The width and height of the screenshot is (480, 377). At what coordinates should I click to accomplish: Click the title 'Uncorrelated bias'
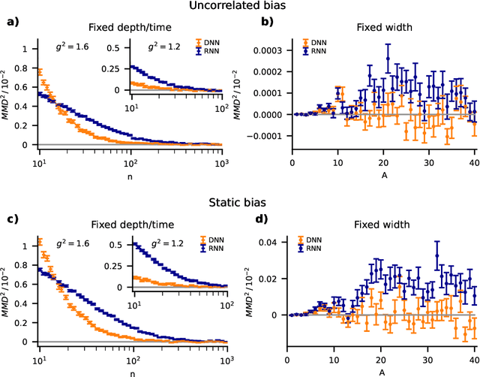point(240,8)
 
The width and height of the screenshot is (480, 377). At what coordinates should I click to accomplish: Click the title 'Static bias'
point(240,202)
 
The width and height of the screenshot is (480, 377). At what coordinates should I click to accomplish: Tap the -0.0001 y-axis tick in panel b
point(267,137)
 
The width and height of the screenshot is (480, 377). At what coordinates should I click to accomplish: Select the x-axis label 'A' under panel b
point(383,173)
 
